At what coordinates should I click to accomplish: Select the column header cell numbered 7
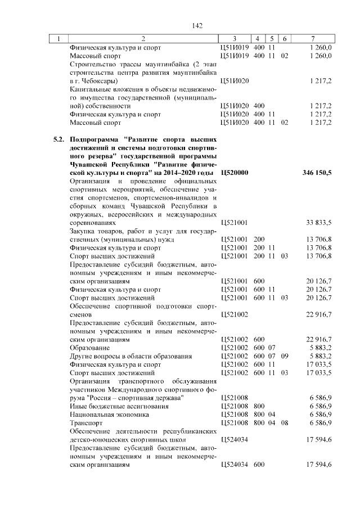click(x=313, y=38)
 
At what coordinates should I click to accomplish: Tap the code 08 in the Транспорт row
click(x=285, y=422)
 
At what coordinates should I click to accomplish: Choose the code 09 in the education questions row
click(x=285, y=356)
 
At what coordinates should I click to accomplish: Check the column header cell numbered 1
click(x=57, y=38)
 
